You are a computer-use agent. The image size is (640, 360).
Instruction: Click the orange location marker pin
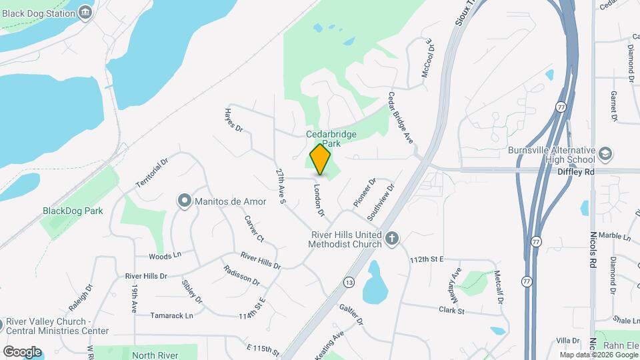tap(321, 159)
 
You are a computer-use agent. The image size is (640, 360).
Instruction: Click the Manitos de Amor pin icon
tap(185, 201)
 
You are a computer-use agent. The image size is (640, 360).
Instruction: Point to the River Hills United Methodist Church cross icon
tap(393, 237)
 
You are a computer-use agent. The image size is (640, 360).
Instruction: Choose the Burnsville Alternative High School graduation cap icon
tap(605, 154)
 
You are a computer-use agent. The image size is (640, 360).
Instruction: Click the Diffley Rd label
tap(575, 171)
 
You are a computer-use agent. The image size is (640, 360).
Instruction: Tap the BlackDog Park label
tap(73, 211)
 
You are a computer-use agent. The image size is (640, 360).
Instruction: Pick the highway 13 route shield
tap(349, 283)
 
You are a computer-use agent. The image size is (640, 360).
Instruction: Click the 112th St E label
tap(427, 259)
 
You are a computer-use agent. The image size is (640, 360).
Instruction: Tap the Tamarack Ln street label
tap(171, 315)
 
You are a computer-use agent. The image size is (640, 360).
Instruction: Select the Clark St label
tap(451, 309)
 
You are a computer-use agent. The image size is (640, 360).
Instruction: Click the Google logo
tap(22, 351)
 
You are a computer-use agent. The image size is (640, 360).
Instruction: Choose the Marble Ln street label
tap(614, 236)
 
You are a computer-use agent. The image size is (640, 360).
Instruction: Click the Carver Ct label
tap(254, 229)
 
